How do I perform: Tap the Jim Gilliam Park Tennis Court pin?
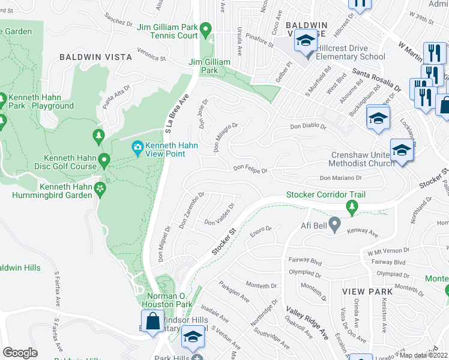click(x=205, y=28)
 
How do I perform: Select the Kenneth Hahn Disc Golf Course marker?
click(x=104, y=160)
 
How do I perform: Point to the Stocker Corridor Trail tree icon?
click(x=352, y=208)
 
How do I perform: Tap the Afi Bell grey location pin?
click(x=335, y=226)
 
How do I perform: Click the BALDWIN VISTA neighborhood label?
click(x=95, y=57)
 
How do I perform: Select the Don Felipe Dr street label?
click(x=250, y=170)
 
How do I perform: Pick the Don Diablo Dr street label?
click(x=308, y=127)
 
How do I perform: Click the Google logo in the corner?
click(x=20, y=353)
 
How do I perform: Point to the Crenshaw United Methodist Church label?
click(x=362, y=159)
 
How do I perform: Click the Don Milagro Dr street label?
click(x=226, y=137)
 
